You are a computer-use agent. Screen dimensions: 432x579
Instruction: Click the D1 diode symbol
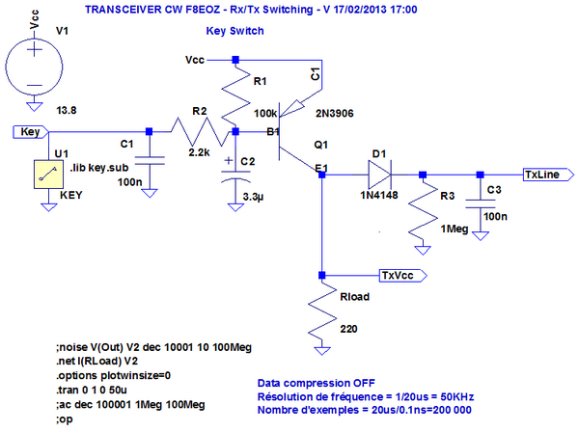pos(378,175)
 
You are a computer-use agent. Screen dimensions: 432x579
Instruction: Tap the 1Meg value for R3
pos(454,228)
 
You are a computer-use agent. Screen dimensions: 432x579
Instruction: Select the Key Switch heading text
pos(234,31)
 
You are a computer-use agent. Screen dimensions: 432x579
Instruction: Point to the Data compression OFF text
pos(313,382)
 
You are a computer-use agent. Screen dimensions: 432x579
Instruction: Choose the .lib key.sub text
pos(101,169)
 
